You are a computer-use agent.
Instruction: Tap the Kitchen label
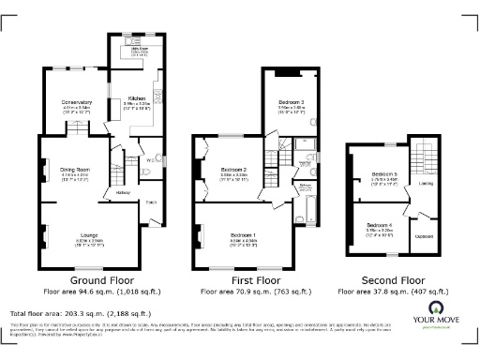(136, 97)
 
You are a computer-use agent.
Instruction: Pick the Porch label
(151, 202)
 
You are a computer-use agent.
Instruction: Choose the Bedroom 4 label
(379, 226)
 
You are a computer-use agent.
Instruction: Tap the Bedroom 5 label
(383, 175)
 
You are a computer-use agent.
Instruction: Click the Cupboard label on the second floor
(424, 235)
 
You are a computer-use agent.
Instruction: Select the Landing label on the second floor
(426, 183)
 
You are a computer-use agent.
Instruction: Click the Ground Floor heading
(100, 279)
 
